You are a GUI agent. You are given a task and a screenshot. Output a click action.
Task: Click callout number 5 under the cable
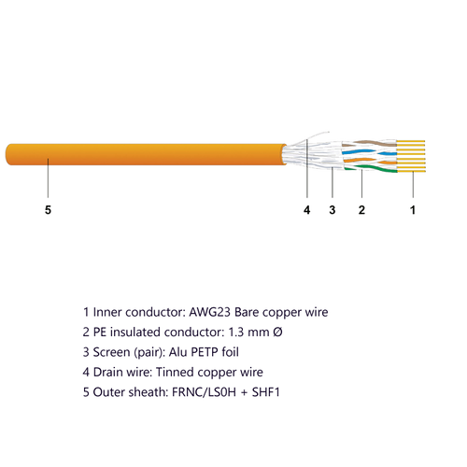pyautogui.click(x=48, y=210)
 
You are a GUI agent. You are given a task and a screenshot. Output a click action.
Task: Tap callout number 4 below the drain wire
pyautogui.click(x=307, y=210)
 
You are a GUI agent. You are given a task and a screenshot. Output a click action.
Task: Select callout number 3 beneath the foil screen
pyautogui.click(x=333, y=210)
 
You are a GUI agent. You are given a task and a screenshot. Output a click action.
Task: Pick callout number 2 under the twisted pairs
pyautogui.click(x=361, y=210)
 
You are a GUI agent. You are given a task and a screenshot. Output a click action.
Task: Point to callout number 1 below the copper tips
pyautogui.click(x=413, y=210)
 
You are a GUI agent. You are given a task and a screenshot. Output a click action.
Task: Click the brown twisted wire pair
pyautogui.click(x=369, y=143)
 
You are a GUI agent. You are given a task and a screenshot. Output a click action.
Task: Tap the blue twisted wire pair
pyautogui.click(x=369, y=152)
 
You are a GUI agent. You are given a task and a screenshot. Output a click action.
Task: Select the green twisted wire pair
pyautogui.click(x=371, y=168)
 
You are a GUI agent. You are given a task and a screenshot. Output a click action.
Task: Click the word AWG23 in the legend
pyautogui.click(x=210, y=312)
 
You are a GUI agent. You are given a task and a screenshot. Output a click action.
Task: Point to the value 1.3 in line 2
pyautogui.click(x=236, y=333)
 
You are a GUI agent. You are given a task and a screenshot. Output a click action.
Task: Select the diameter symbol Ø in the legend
pyautogui.click(x=277, y=333)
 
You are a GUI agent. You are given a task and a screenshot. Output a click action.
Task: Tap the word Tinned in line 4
pyautogui.click(x=175, y=372)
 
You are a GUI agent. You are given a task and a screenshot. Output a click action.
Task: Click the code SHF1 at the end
pyautogui.click(x=266, y=392)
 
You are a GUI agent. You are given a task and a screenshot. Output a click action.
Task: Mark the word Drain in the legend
pyautogui.click(x=107, y=372)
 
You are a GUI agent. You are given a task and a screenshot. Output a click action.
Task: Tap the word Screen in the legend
pyautogui.click(x=111, y=352)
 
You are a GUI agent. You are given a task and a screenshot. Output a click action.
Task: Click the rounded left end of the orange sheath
pyautogui.click(x=7, y=154)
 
